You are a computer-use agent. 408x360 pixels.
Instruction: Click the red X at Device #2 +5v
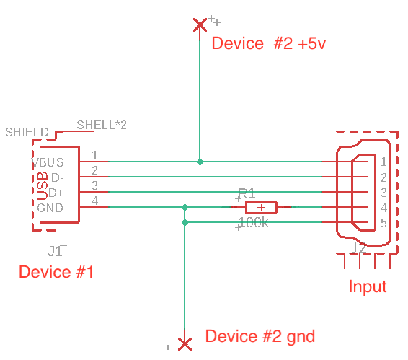200,25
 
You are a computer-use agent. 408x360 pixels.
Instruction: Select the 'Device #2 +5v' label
268,43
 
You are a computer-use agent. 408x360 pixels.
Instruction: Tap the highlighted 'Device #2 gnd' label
260,336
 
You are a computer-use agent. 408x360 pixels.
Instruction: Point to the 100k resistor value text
253,223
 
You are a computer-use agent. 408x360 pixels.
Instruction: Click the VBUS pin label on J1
50,162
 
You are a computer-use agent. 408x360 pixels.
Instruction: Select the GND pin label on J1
50,208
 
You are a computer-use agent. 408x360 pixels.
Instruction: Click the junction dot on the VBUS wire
200,162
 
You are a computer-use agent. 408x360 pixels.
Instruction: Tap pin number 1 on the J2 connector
384,162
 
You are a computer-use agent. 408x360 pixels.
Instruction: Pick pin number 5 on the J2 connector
384,223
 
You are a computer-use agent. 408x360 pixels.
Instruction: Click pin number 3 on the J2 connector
384,193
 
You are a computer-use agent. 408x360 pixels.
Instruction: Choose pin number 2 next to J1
94,170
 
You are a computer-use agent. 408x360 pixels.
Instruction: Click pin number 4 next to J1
94,201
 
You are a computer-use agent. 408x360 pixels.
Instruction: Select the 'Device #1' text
56,273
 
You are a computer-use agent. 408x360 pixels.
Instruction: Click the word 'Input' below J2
368,286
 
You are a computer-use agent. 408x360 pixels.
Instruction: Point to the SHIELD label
27,133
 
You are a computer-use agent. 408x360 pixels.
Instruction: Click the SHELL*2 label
102,125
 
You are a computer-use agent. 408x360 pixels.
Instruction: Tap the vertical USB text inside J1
42,185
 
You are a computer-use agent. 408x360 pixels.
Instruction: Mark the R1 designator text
247,193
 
